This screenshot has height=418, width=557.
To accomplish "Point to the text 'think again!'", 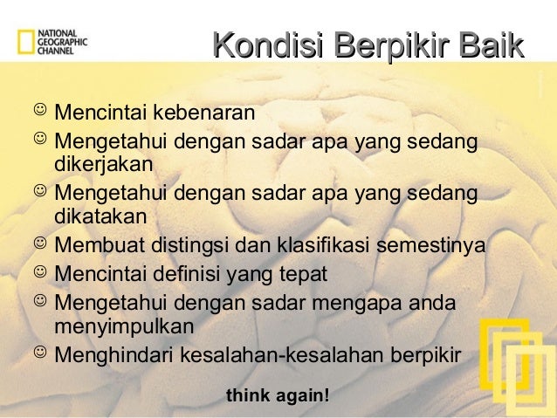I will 278,396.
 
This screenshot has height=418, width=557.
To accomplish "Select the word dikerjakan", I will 104,163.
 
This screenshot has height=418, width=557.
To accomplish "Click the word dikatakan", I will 101,215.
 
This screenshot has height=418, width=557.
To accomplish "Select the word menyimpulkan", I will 124,326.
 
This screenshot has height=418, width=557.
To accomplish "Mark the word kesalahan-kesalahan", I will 278,355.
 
